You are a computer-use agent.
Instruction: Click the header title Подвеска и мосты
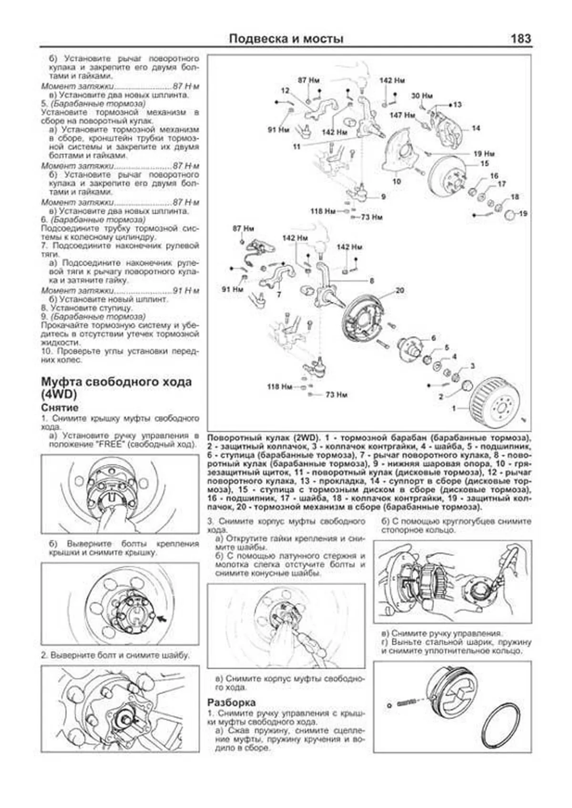[286, 39]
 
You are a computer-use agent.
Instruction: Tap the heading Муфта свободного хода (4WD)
[116, 388]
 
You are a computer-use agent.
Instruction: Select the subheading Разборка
[231, 702]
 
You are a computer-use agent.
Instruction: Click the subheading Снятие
[60, 408]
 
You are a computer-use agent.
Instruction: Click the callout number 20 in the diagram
[399, 290]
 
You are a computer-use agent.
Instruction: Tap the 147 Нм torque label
[402, 115]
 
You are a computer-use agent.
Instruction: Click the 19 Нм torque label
[484, 154]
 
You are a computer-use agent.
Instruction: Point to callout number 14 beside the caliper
[476, 128]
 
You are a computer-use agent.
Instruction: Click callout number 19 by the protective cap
[523, 213]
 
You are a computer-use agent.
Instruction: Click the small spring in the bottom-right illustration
[408, 702]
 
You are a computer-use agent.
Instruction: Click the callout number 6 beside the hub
[433, 338]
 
